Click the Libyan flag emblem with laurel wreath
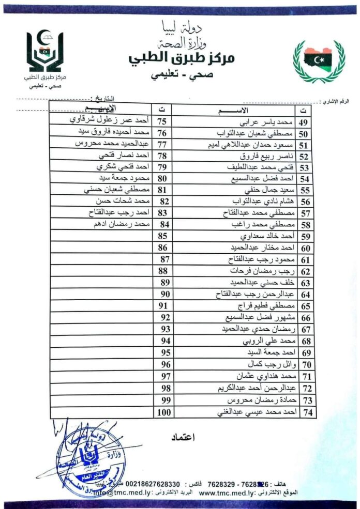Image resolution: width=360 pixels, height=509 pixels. coord(319,60)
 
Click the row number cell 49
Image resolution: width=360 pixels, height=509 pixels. coord(304,122)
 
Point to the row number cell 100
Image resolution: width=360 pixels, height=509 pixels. coord(163,412)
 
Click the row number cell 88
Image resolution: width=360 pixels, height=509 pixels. coord(163,270)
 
